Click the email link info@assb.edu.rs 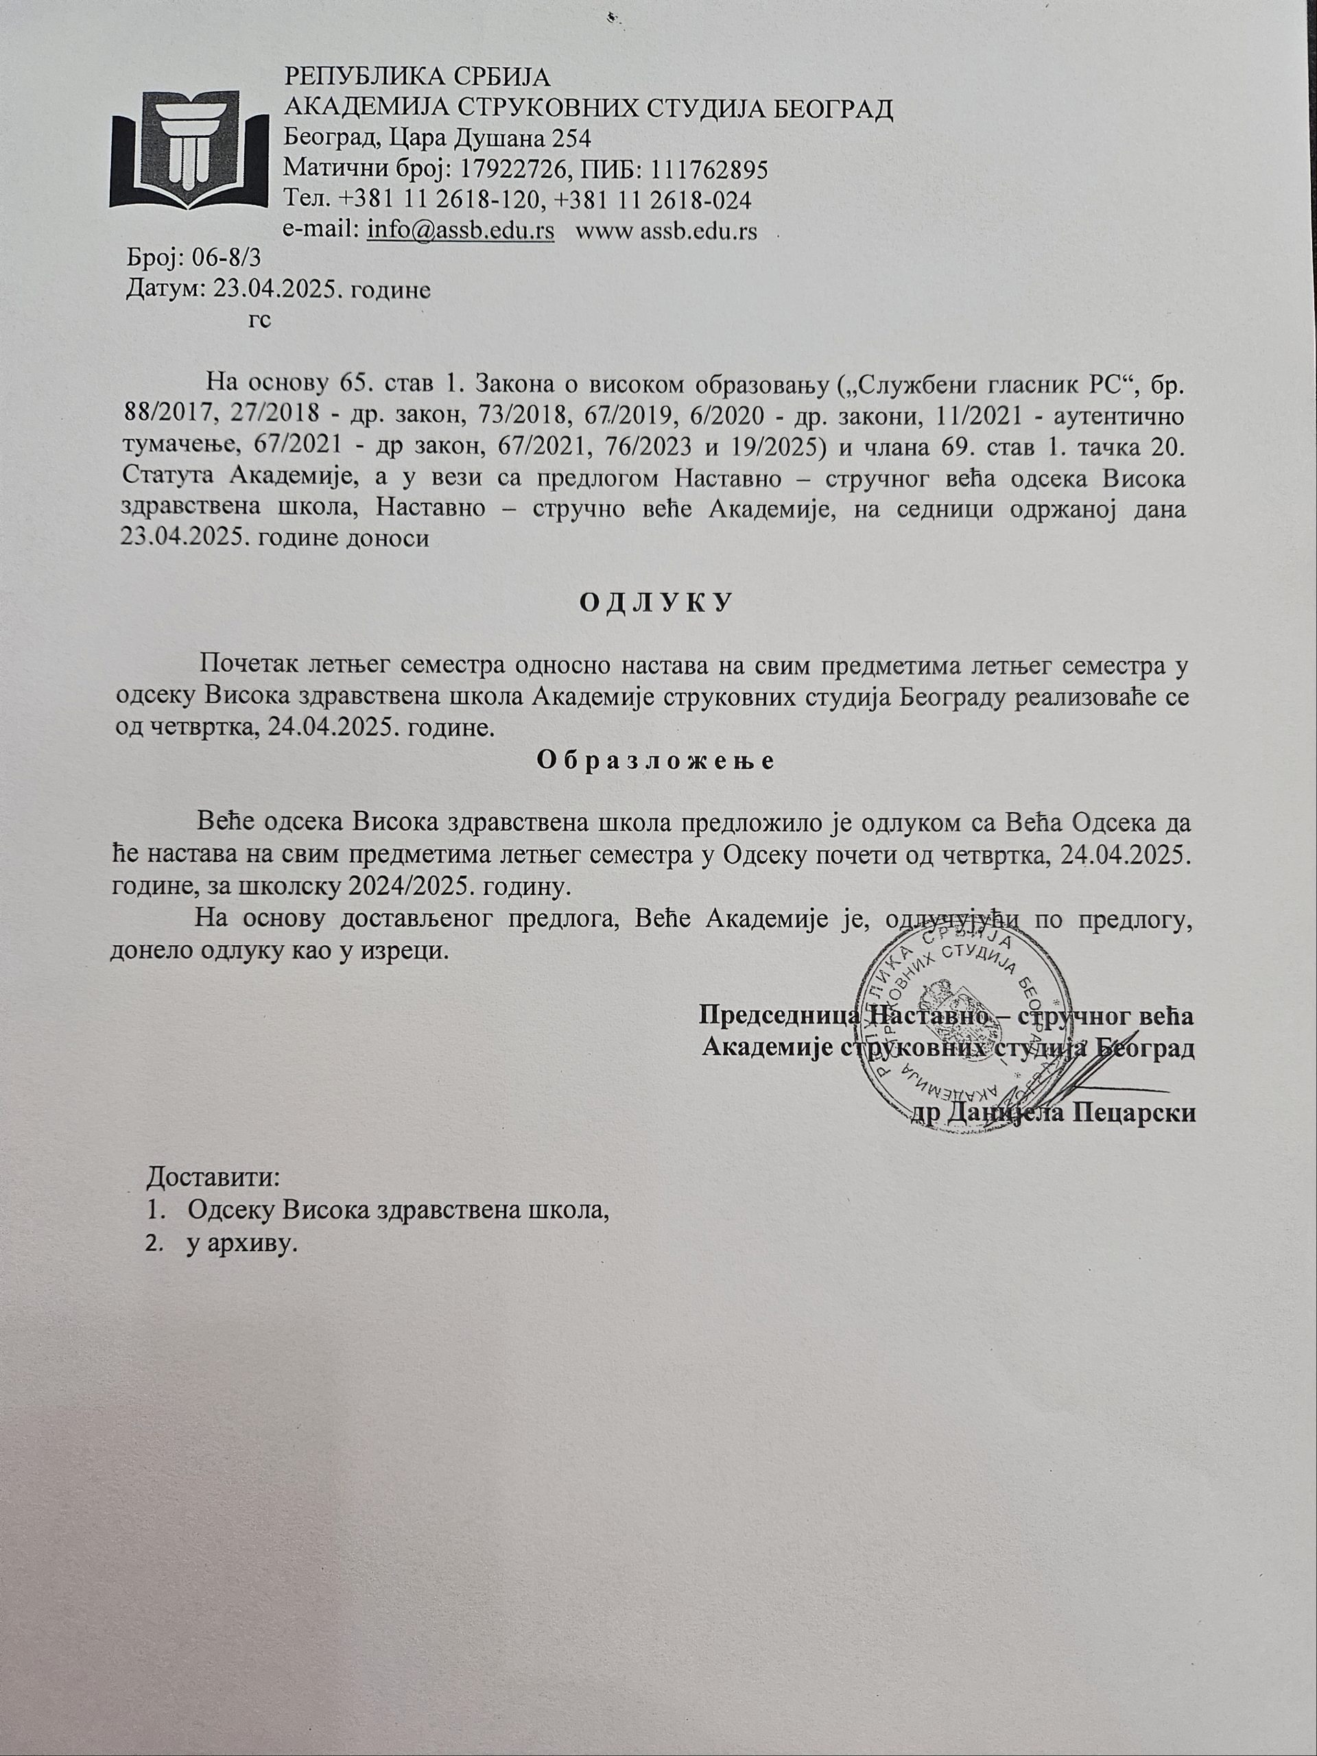(460, 231)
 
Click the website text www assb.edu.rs (665, 231)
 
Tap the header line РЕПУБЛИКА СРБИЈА (417, 77)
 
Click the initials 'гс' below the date (259, 319)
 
